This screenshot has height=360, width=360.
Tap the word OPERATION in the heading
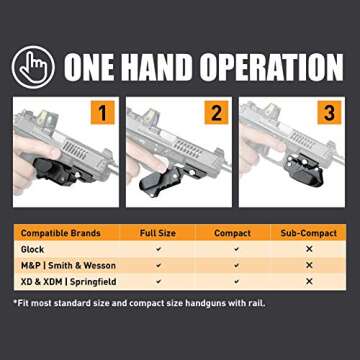pyautogui.click(x=280, y=67)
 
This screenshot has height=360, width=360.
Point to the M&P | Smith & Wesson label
pyautogui.click(x=66, y=265)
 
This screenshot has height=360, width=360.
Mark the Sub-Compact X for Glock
pyautogui.click(x=309, y=249)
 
